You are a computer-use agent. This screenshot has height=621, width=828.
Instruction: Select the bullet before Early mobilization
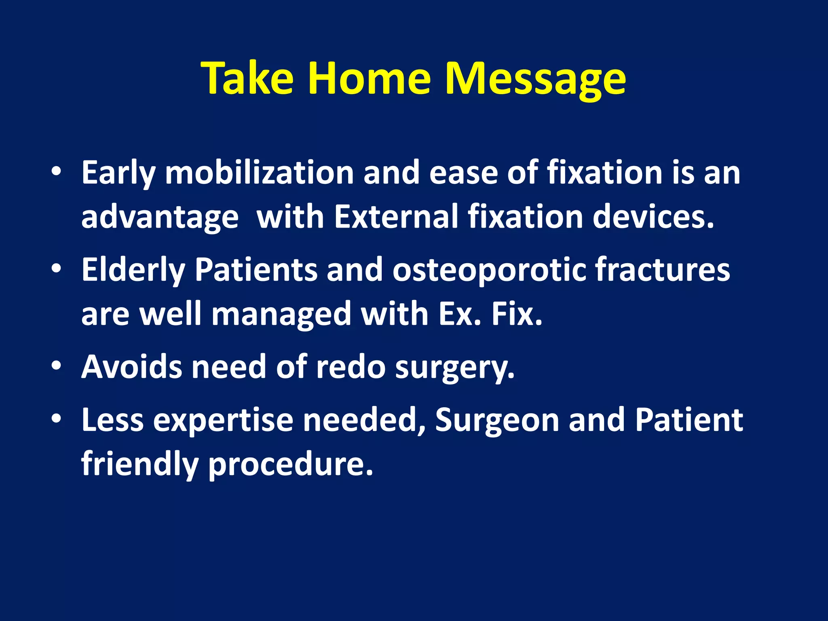pos(57,171)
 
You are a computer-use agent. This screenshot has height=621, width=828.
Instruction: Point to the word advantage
pos(160,218)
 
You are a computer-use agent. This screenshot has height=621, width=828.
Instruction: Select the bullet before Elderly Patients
pos(57,268)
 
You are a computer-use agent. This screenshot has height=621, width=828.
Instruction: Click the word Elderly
pos(133,270)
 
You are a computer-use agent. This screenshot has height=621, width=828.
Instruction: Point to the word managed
pos(281,315)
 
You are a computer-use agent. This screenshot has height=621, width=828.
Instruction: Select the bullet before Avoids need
pos(57,365)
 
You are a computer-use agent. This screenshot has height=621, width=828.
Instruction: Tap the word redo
pos(351,367)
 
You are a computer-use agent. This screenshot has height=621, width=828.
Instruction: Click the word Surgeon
pos(497,420)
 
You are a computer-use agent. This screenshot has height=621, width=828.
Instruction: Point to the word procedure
pos(290,465)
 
